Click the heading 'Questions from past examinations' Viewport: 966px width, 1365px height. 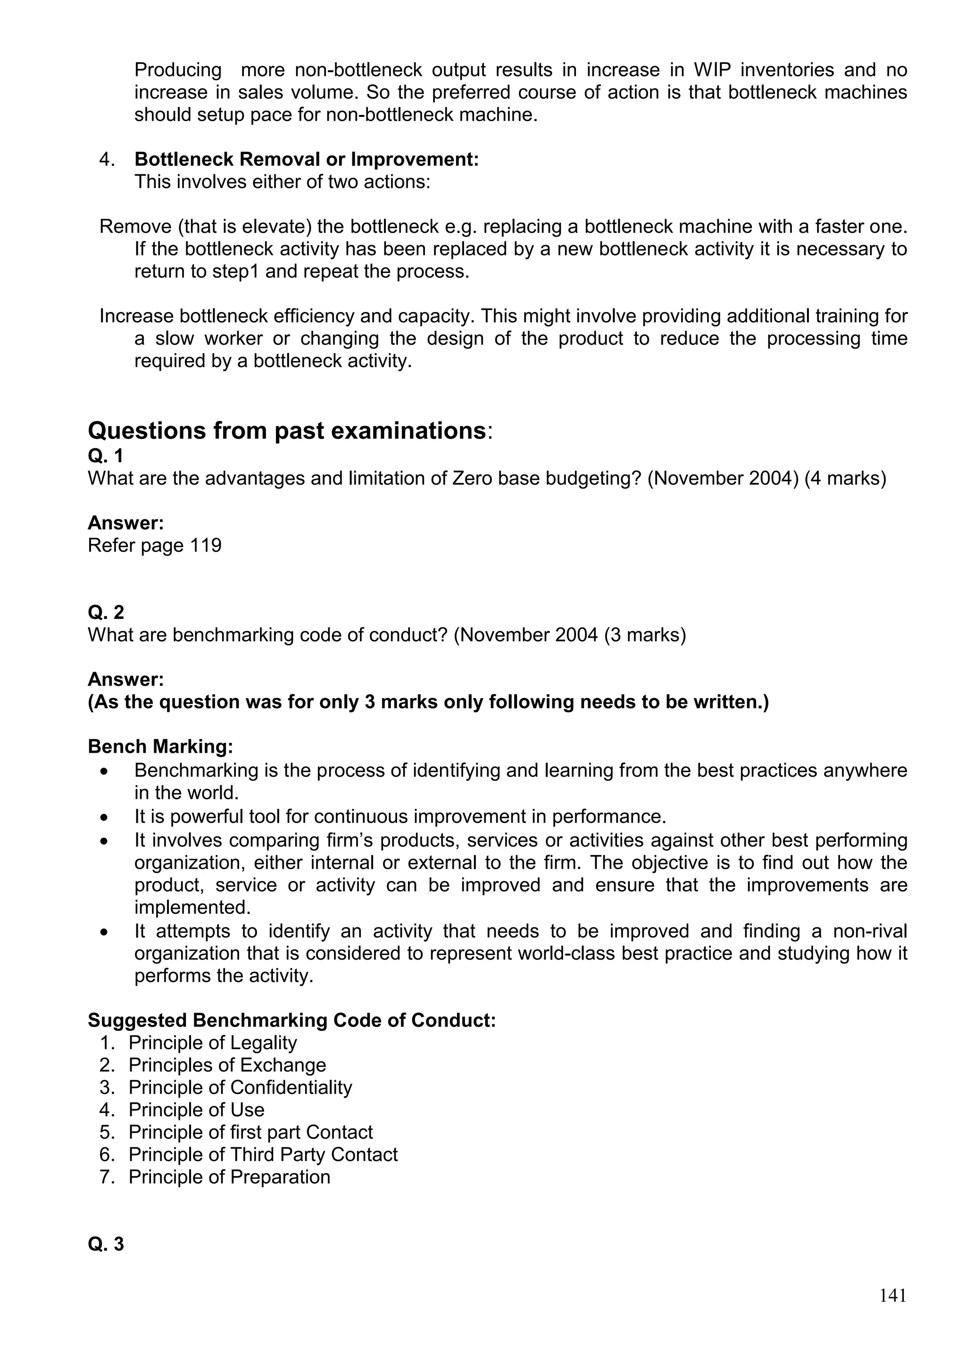[287, 430]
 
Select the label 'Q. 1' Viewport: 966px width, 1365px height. [106, 456]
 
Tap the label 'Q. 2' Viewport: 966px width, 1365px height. [106, 612]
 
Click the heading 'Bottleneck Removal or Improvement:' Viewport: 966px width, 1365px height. [306, 159]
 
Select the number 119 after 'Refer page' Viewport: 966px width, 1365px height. [205, 545]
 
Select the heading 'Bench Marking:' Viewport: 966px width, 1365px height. [160, 747]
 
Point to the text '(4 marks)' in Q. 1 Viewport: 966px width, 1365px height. [845, 478]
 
